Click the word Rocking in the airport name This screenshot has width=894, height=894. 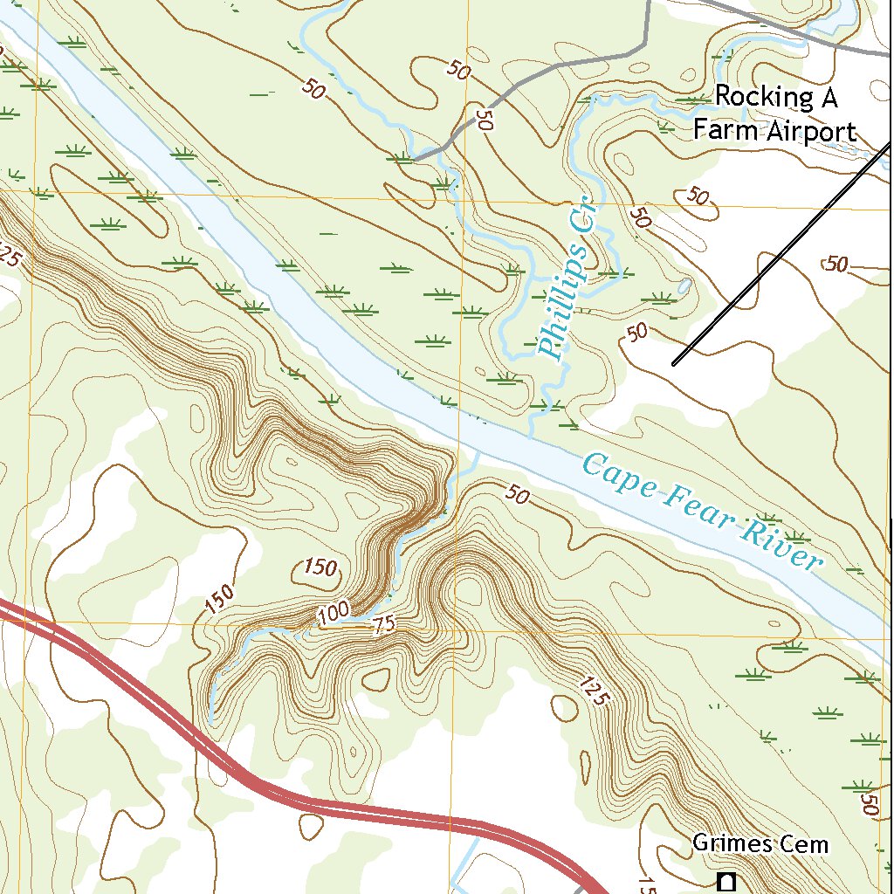coord(760,97)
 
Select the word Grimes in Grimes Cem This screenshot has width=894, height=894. coord(732,843)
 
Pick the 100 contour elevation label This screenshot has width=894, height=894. coord(334,614)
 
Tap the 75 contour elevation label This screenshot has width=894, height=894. coord(383,624)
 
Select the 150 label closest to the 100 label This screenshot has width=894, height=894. coord(321,568)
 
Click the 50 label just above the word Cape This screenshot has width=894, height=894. coord(517,496)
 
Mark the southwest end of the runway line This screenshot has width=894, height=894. coord(675,362)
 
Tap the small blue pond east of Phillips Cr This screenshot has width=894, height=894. coord(684,286)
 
